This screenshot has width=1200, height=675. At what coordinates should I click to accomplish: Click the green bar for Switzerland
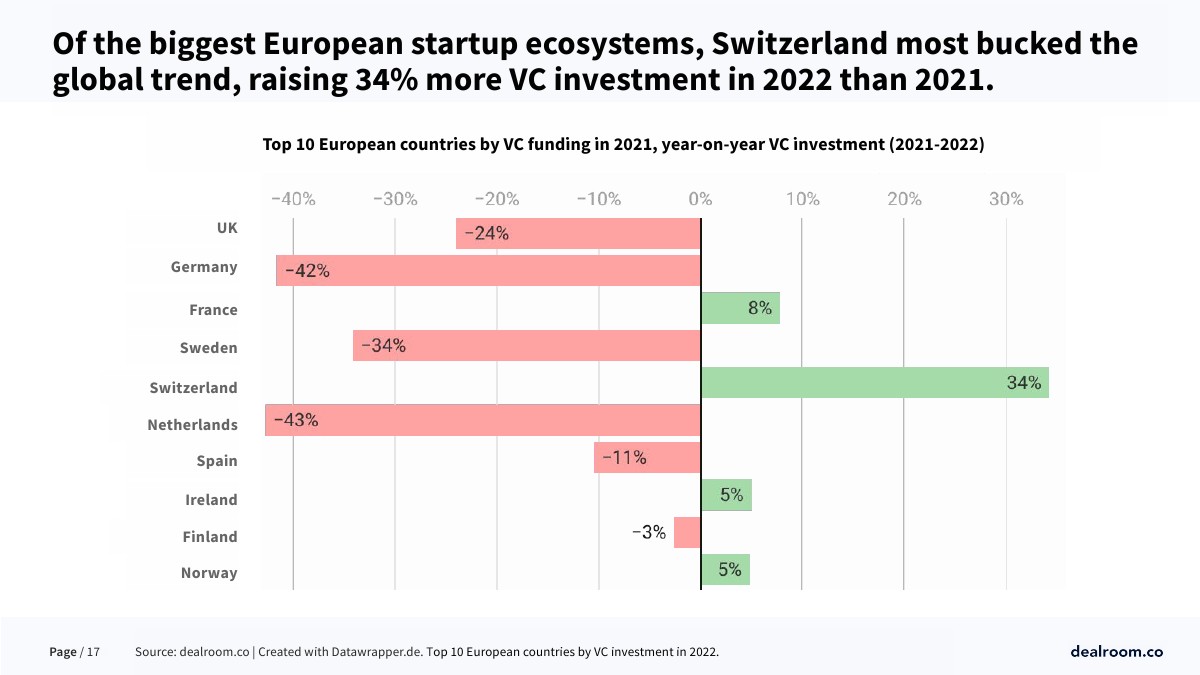875,383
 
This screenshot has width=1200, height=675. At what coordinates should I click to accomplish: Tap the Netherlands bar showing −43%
483,420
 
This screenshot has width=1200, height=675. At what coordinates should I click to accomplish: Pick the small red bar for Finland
687,533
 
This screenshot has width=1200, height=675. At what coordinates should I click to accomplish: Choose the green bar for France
740,309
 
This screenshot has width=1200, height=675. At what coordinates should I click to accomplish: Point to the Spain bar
647,458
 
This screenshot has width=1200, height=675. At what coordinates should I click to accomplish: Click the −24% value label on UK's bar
486,234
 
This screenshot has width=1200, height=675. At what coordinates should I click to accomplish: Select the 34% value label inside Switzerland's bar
1024,383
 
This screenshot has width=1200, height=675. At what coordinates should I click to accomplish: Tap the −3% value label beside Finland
648,533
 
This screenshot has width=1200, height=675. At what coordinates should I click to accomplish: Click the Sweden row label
208,348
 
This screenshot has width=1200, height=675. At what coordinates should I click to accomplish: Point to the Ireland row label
211,500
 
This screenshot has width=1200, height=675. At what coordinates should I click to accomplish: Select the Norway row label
209,573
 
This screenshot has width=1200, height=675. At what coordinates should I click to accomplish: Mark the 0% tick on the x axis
700,199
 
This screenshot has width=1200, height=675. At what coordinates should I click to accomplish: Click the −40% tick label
292,199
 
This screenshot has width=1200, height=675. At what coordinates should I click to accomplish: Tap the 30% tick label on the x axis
1006,199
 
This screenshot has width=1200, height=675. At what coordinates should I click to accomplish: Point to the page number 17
93,652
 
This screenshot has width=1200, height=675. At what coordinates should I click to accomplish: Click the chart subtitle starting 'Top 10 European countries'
623,145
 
